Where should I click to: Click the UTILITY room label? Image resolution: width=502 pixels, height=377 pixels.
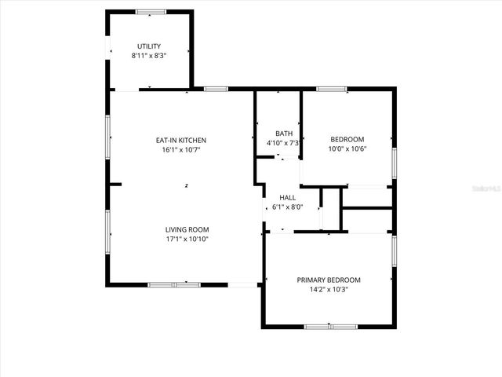(149, 46)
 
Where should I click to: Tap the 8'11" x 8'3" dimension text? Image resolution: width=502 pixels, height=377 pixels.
(149, 56)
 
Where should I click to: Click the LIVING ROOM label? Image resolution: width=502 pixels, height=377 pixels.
(187, 229)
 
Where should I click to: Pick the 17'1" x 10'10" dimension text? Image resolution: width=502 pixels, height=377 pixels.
(187, 239)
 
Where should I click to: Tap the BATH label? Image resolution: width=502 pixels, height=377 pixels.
(284, 134)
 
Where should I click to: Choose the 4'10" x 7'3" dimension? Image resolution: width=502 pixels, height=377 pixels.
(284, 143)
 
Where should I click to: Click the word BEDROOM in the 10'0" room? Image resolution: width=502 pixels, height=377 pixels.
(347, 140)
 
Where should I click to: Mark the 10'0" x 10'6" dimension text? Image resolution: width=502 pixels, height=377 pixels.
(347, 149)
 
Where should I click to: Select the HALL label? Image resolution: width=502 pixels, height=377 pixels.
(288, 198)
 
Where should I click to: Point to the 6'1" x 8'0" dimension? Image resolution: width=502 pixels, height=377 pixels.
(288, 207)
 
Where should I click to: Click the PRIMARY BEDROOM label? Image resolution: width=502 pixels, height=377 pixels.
(329, 280)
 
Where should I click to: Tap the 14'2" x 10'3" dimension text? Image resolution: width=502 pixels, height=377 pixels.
(329, 289)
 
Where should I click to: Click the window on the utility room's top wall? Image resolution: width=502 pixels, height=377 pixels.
(150, 12)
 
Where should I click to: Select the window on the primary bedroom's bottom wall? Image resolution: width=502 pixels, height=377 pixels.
(329, 326)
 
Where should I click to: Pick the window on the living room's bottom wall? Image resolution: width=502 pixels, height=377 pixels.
(174, 284)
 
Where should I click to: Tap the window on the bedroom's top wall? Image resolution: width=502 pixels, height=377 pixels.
(333, 89)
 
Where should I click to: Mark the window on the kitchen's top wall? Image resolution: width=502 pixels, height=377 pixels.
(216, 89)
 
